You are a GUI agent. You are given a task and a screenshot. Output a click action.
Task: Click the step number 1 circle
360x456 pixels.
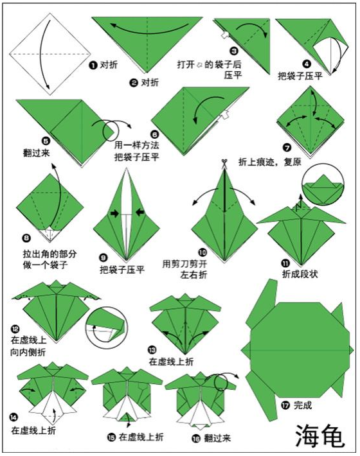click(93, 65)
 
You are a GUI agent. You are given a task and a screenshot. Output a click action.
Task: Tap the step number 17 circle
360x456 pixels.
click(284, 405)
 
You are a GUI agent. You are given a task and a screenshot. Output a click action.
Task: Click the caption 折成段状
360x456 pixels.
click(300, 274)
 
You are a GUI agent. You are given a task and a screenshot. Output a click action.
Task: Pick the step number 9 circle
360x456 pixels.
click(103, 258)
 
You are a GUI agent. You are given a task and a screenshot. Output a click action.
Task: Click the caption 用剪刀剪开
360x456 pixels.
click(184, 263)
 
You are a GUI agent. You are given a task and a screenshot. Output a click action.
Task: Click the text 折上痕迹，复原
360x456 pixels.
click(271, 161)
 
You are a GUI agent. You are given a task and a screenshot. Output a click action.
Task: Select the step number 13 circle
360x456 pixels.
click(152, 349)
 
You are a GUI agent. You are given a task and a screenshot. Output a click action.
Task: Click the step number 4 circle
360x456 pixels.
click(307, 64)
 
